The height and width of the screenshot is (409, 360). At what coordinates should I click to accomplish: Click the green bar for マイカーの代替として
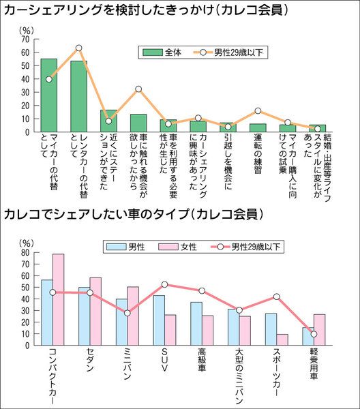pos(49,95)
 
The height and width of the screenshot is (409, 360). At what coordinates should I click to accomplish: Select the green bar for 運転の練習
pos(258,128)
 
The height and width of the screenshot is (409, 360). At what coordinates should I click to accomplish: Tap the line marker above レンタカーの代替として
pos(79,48)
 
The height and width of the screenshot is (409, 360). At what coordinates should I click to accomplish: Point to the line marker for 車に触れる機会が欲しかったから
pos(138,89)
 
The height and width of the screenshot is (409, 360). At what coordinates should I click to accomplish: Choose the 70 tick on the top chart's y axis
pos(25,39)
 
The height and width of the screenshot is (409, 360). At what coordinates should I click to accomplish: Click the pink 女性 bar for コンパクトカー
pos(58,299)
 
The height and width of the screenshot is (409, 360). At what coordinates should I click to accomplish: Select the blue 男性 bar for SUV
pos(159,320)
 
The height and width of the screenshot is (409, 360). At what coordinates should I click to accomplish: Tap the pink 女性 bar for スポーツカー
pos(282,339)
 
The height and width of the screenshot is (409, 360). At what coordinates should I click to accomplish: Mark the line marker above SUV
pos(164,284)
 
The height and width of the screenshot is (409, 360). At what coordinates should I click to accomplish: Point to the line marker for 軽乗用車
pos(314,334)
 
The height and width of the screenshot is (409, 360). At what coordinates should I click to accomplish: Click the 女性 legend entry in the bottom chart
pos(178,247)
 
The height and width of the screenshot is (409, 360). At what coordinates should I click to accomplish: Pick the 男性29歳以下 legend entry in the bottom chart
pos(245,247)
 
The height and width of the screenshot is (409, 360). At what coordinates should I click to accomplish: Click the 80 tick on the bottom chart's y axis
pos(25,252)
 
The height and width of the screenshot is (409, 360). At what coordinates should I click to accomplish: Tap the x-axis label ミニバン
pos(127,364)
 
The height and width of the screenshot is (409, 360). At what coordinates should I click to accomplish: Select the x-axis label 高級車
pos(202,360)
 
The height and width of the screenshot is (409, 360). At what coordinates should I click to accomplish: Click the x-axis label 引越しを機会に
pos(228,162)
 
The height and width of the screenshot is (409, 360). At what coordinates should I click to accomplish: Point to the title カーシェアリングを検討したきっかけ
pos(109,10)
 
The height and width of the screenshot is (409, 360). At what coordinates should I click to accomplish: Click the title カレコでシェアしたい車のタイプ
pos(96,214)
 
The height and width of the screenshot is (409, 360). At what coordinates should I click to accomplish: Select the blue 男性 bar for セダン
pos(84,316)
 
